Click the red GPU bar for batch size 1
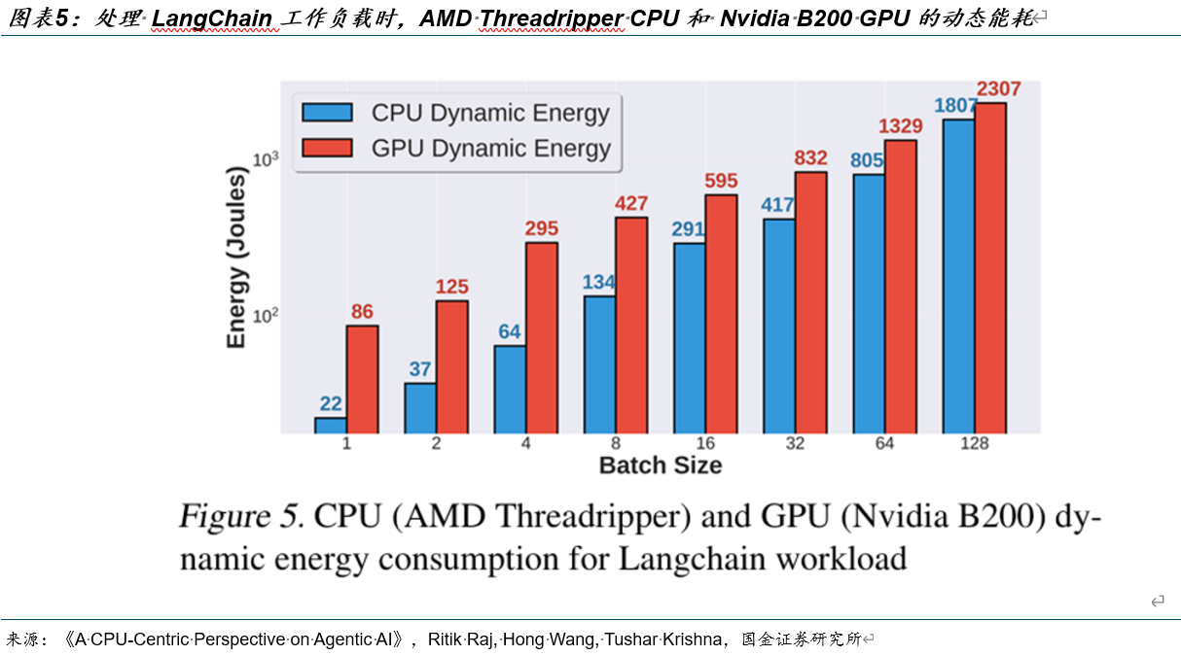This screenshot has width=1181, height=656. tap(362, 379)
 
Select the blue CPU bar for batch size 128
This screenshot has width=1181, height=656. tap(958, 276)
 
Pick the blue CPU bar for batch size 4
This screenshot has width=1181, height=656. tap(510, 389)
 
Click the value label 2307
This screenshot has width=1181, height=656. tap(998, 89)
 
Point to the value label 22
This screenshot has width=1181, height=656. tap(331, 404)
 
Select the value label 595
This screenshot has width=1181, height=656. tap(721, 181)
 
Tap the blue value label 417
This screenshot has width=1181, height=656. tap(777, 205)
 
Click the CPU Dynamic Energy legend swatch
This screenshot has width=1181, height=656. tap(326, 112)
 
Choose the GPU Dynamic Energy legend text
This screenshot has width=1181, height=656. tap(490, 149)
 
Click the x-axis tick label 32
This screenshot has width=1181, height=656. tap(795, 444)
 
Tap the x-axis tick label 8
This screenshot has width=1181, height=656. tap(616, 444)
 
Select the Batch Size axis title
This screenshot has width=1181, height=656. tap(661, 466)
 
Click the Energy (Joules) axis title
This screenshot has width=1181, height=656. tap(236, 258)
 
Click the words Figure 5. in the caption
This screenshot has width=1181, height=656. tap(242, 516)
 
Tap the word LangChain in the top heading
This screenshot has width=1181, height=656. tap(212, 18)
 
